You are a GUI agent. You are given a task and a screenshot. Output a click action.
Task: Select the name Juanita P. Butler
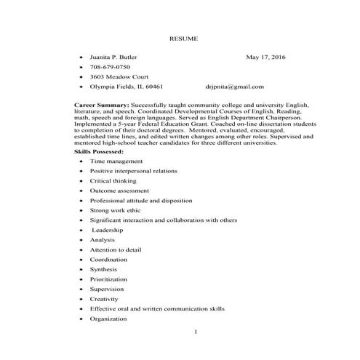[113, 56]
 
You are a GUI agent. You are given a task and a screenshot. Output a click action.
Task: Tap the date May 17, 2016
[267, 56]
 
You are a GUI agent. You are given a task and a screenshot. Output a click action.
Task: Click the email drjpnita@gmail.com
[234, 87]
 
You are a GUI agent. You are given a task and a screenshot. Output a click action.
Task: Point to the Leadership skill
[108, 230]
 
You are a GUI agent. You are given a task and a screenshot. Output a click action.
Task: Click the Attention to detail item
[116, 249]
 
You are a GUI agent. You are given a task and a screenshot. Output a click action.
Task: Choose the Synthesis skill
[105, 269]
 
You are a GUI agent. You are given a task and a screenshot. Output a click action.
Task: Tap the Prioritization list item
[108, 279]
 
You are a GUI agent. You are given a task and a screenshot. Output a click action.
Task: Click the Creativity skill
[104, 299]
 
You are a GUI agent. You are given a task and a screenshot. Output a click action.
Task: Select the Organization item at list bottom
[108, 319]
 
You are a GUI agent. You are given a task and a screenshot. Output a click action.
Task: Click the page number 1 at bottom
[196, 332]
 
